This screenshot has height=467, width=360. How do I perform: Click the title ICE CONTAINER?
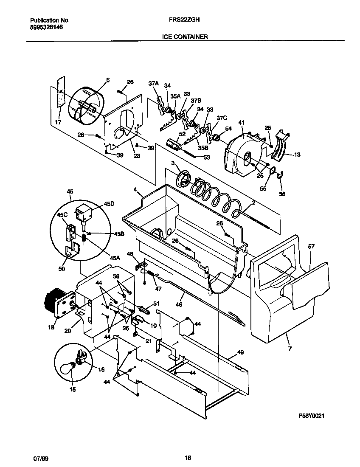(x=185, y=37)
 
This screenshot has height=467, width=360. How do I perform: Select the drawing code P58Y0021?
(x=312, y=416)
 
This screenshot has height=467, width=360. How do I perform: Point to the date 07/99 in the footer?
(x=39, y=458)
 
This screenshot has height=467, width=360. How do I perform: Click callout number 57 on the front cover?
(x=311, y=246)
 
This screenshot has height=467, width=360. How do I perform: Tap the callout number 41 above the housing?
(x=242, y=123)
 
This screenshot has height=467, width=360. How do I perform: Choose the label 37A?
(x=153, y=84)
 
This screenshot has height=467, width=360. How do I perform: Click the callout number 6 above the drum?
(x=107, y=80)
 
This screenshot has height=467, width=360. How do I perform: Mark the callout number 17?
(x=58, y=122)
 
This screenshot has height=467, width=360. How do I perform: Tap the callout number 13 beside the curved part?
(x=297, y=155)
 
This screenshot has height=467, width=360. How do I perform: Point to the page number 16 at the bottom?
(x=188, y=458)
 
